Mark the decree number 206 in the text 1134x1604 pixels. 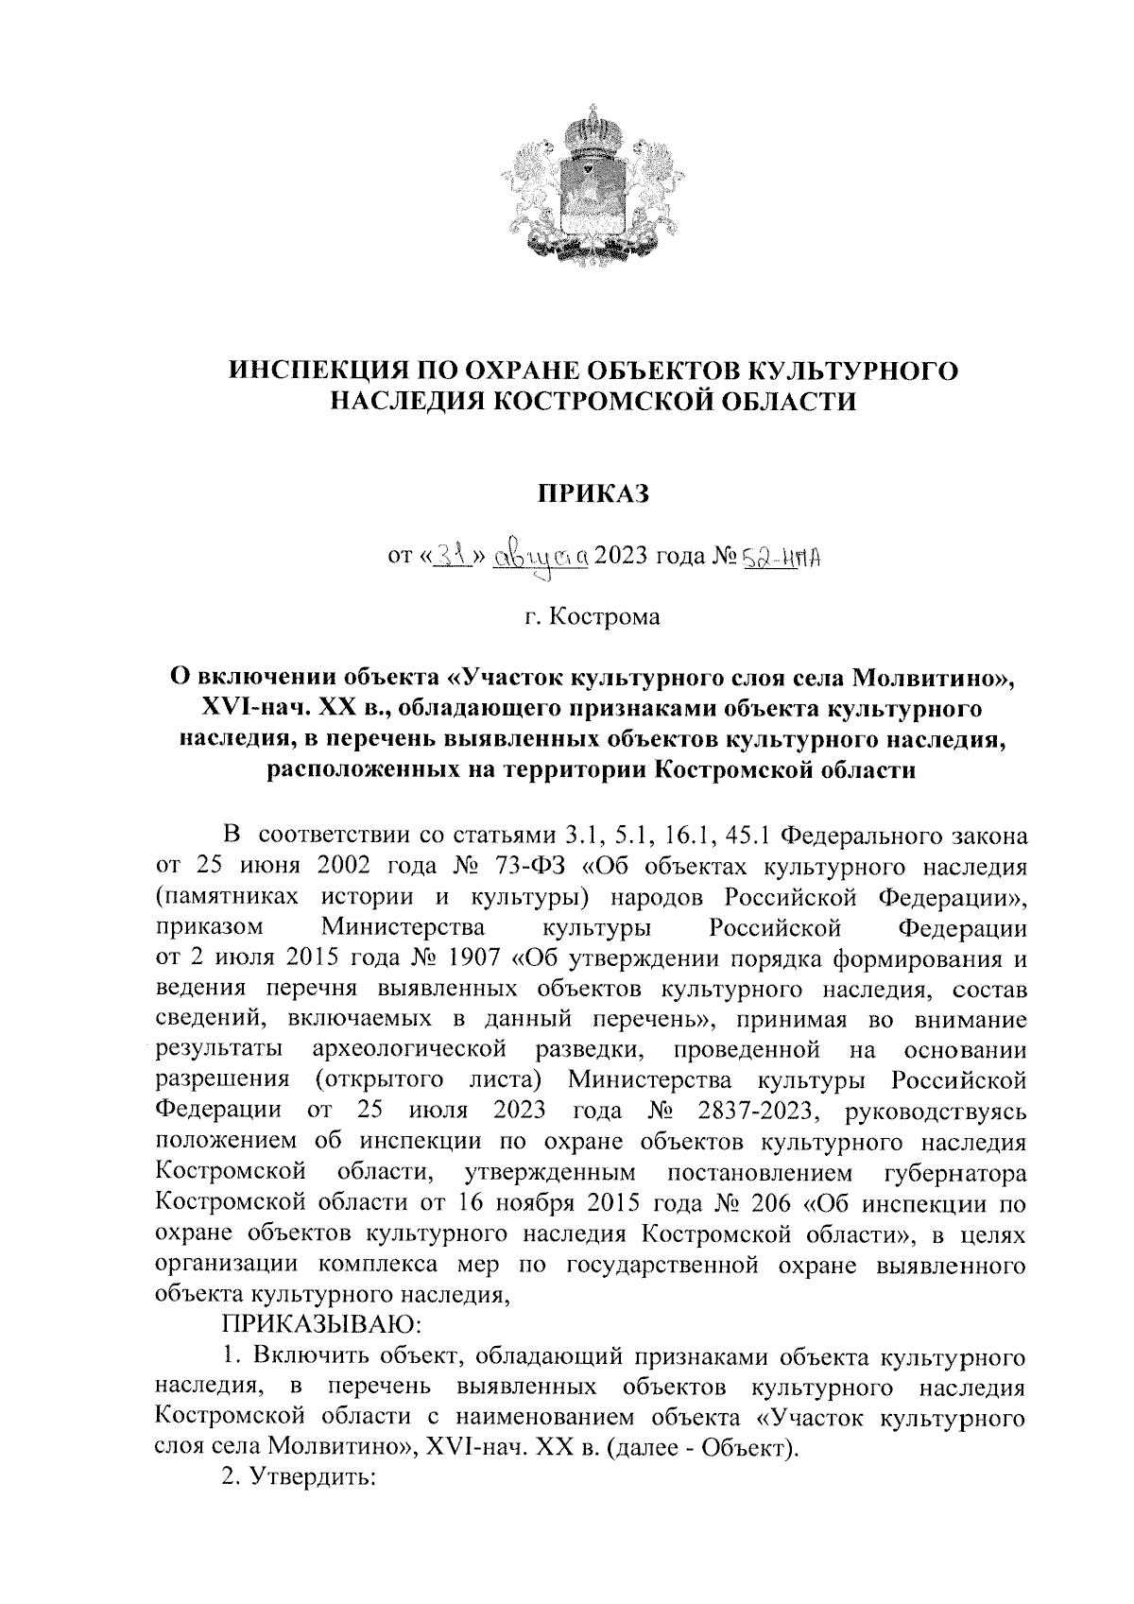777,1204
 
